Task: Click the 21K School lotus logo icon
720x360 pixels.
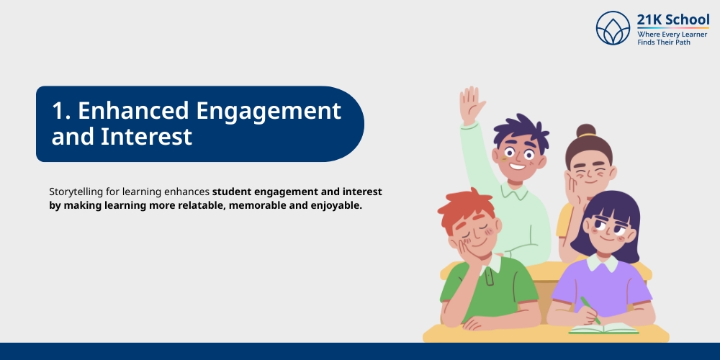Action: (x=613, y=28)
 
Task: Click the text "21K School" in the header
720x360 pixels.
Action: (x=672, y=19)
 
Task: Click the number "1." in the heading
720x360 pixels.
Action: (x=60, y=111)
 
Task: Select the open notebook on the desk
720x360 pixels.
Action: (x=603, y=328)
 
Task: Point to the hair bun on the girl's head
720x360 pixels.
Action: (x=586, y=131)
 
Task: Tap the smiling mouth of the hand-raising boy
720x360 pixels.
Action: (x=517, y=167)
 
